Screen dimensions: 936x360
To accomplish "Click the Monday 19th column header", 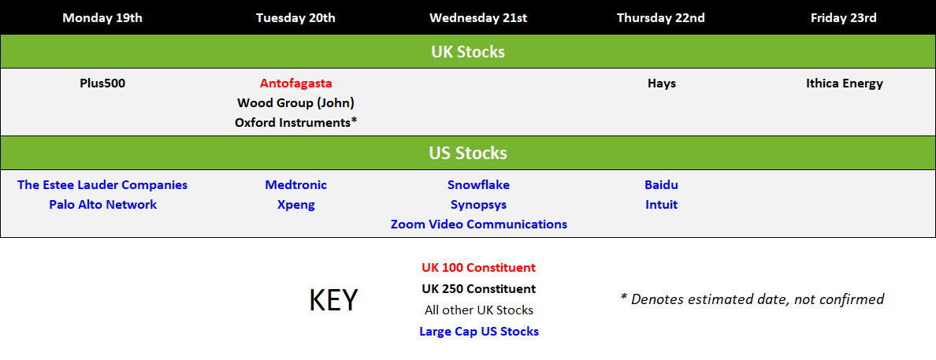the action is (102, 18).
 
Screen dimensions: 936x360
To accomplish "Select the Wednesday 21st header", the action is (478, 18).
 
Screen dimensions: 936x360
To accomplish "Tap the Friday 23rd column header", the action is (844, 18).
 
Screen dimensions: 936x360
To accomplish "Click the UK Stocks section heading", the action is (468, 52).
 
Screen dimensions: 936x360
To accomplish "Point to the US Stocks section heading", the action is (468, 154).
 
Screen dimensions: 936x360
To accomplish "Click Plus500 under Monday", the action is (102, 84).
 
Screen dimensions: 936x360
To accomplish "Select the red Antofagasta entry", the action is (296, 84).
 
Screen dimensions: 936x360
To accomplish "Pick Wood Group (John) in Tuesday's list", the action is (296, 103).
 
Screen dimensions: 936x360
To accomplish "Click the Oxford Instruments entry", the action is (296, 123).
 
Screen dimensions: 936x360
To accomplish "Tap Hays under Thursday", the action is (661, 84).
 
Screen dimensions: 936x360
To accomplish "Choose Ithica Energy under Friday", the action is (844, 84).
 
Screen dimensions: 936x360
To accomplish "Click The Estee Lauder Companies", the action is (102, 185).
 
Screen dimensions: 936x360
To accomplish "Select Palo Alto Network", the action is (102, 205).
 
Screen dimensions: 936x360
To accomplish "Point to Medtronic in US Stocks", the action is (296, 185).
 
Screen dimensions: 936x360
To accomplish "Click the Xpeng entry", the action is (296, 206).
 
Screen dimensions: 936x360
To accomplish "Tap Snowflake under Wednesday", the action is (479, 185).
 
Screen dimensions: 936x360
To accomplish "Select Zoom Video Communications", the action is (479, 225).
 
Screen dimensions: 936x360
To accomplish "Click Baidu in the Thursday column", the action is (661, 185).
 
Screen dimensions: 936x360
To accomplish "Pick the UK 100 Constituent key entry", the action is (479, 268).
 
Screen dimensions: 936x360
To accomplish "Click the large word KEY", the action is (334, 299).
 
